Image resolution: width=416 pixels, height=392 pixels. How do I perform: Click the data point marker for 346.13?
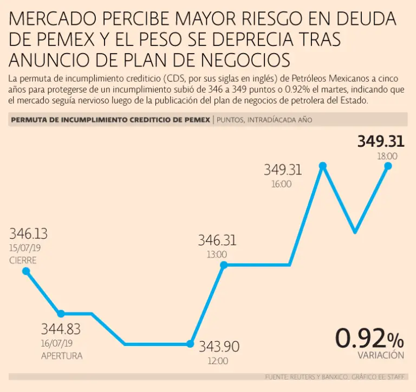(x=25, y=271)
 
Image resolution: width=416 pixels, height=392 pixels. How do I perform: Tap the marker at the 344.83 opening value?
(x=61, y=313)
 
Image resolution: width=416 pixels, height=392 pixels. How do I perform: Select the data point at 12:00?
(x=190, y=344)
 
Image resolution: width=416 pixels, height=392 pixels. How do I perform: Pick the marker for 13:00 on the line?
(x=223, y=265)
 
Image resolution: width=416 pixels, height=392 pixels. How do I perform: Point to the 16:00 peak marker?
(x=323, y=166)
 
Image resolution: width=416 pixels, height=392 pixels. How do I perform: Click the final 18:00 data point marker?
(x=388, y=166)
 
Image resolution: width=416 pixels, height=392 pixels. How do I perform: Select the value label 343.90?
(x=219, y=347)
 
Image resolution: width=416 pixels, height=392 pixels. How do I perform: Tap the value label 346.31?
(x=217, y=240)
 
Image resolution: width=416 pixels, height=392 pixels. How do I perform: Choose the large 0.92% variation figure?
(x=369, y=338)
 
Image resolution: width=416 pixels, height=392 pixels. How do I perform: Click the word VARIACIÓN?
(x=381, y=356)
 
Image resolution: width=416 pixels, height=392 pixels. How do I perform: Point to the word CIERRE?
(x=23, y=260)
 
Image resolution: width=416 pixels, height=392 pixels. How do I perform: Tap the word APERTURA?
(x=62, y=356)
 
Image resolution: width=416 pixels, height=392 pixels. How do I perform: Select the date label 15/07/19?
(x=25, y=249)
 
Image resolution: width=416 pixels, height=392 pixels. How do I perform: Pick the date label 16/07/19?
(x=57, y=344)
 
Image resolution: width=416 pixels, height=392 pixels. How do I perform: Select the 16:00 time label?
(x=281, y=184)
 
